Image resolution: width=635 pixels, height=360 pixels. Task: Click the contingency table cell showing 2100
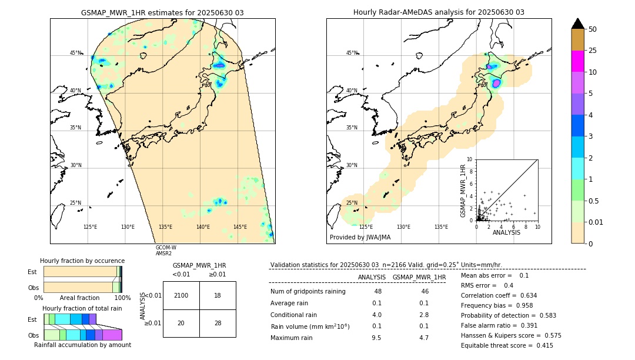(181, 295)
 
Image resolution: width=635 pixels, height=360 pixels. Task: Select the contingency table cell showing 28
(218, 323)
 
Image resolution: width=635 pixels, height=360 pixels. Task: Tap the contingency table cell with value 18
(218, 295)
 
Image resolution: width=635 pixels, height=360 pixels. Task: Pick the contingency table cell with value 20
(181, 323)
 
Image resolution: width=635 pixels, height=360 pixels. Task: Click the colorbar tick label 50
(593, 29)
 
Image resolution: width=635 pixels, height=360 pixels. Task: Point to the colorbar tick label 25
(593, 51)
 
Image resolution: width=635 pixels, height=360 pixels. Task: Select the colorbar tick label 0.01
(596, 222)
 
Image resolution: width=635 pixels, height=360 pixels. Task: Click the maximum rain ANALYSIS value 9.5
(377, 338)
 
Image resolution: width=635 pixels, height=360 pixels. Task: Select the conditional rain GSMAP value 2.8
(424, 315)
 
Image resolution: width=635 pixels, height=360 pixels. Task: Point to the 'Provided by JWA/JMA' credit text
(360, 238)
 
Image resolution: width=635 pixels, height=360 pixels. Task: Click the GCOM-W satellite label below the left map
(166, 248)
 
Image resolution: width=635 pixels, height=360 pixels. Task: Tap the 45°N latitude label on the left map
(76, 53)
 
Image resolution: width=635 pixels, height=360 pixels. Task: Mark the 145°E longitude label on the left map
(240, 227)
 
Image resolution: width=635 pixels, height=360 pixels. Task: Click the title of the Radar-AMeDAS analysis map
(439, 12)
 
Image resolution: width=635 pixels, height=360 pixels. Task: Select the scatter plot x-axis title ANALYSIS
(506, 232)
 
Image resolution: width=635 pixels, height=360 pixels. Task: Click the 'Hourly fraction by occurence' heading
(82, 261)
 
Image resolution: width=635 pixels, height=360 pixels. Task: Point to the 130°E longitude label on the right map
(403, 227)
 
